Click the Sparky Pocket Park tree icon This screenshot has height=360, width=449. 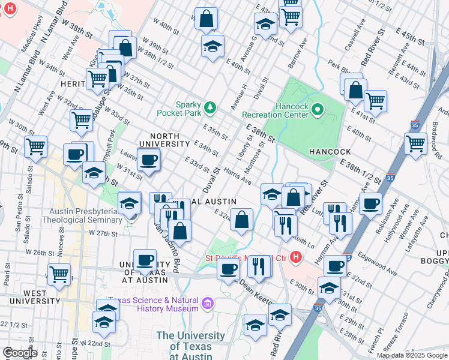pos(209,107)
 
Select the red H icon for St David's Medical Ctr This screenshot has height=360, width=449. pos(295,257)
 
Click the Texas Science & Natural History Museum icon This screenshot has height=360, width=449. pos(208,303)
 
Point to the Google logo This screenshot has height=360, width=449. pos(20,353)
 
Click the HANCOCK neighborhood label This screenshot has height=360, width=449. pos(329,152)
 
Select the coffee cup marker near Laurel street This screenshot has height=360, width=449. pos(148,160)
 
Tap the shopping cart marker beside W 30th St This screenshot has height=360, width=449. pos(35,146)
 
